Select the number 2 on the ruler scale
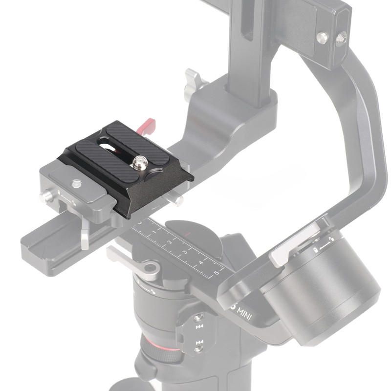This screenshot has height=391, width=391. pos(169,242)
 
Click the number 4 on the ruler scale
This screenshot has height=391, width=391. pos(201,263)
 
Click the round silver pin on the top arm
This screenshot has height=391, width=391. pos(322,38)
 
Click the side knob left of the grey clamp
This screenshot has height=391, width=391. pos(47,196)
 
